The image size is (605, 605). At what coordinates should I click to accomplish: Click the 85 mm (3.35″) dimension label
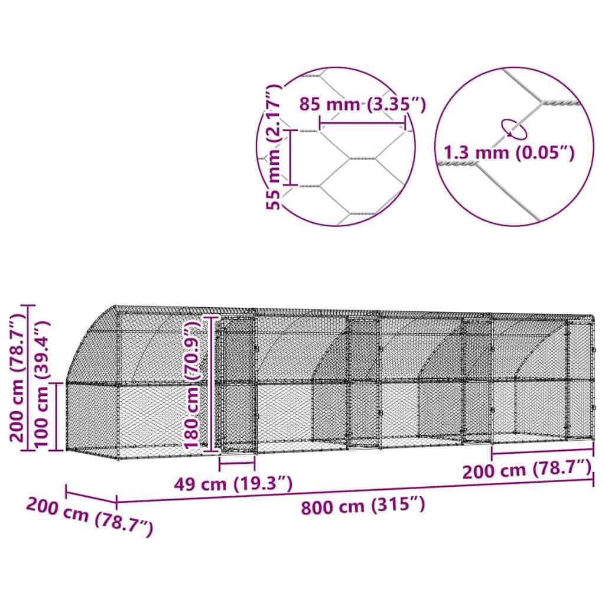[363, 104]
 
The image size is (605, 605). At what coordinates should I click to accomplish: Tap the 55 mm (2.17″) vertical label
[274, 147]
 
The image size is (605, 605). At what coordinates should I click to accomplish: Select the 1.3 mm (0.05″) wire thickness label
[509, 153]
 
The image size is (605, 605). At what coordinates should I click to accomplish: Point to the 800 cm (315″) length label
[363, 506]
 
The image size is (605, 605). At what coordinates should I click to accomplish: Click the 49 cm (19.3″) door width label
[233, 483]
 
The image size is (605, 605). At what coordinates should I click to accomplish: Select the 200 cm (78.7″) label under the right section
[527, 470]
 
